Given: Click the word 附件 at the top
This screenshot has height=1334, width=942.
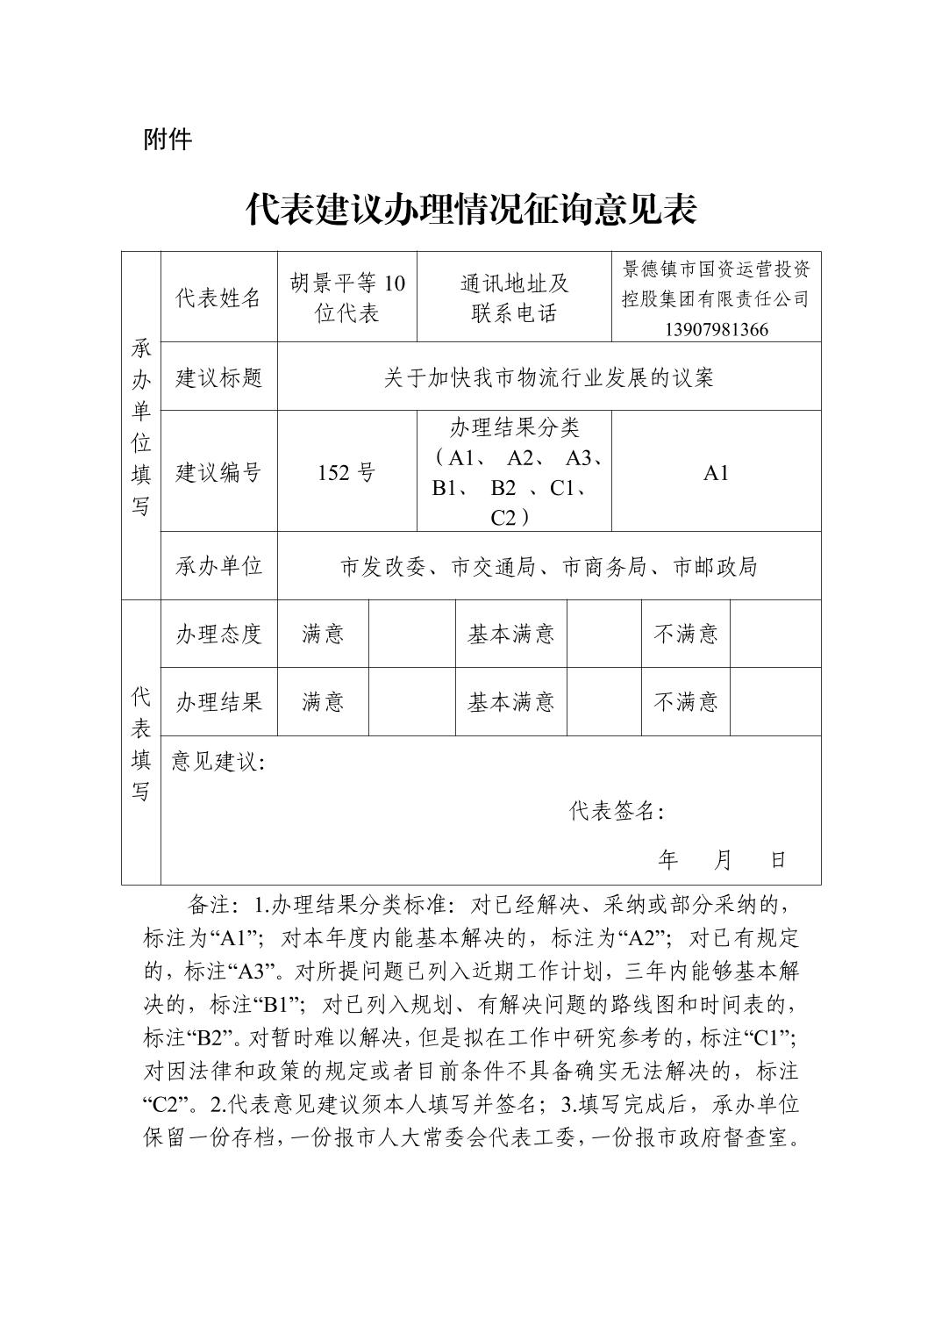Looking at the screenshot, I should [x=167, y=139].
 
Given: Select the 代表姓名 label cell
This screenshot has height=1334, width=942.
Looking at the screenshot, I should [x=218, y=298].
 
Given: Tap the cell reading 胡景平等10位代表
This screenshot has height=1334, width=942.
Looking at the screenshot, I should [x=347, y=298].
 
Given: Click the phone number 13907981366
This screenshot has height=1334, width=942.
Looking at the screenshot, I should [x=716, y=329].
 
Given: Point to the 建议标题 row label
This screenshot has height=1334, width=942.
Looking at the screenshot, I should [x=218, y=377].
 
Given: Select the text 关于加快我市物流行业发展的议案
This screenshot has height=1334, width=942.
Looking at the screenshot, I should [x=548, y=377].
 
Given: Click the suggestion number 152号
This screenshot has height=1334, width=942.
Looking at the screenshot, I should [x=346, y=472].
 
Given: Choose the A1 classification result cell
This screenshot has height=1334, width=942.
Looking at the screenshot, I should [x=716, y=472].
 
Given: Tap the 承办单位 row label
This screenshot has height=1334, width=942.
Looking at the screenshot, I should [x=218, y=566].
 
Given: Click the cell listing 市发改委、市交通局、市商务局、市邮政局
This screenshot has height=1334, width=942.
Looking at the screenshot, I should [x=548, y=566].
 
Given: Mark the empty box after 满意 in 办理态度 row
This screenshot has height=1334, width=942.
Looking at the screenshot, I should [x=411, y=634].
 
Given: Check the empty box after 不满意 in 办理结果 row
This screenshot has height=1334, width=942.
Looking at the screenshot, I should [x=775, y=701].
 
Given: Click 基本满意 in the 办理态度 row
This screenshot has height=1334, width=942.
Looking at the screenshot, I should [x=510, y=634].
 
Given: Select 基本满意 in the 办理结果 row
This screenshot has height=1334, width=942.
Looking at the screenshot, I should [x=510, y=701].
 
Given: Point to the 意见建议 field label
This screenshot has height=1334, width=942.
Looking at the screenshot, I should [x=218, y=761].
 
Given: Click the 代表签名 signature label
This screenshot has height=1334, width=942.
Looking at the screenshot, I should [x=616, y=811].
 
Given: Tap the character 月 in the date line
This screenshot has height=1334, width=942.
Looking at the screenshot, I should [x=723, y=859].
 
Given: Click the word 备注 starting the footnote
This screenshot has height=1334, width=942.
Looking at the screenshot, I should [x=209, y=904].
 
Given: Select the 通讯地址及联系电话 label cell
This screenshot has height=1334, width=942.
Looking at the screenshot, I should [x=514, y=298].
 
